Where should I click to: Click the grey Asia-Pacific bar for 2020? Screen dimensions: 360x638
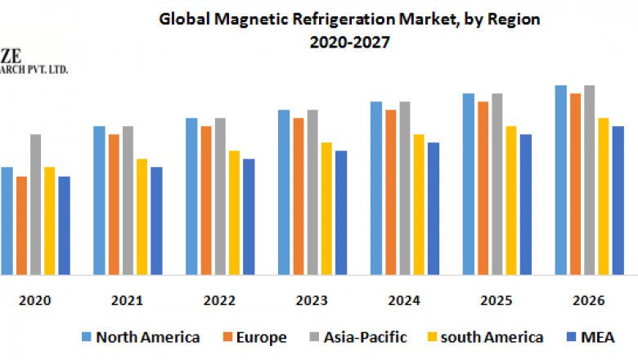tap(35, 205)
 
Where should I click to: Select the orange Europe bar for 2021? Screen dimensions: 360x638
tap(114, 205)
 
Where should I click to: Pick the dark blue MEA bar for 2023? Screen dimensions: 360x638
tap(341, 213)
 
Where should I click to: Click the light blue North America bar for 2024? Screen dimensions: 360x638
tap(376, 188)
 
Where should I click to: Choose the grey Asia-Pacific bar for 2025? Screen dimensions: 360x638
tap(496, 184)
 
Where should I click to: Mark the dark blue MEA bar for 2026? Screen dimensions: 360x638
tap(618, 200)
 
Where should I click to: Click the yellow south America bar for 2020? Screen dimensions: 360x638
tap(49, 221)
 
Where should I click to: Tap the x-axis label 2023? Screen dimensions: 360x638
tap(312, 301)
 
